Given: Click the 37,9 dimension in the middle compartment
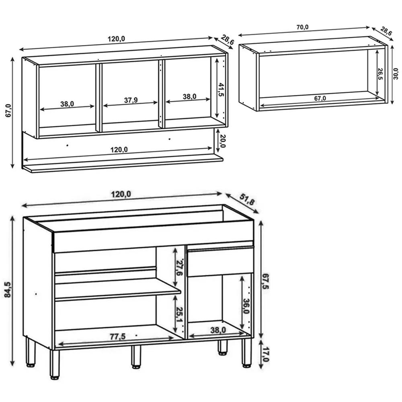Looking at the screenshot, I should click(130, 100).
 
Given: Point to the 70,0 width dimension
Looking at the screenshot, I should click(303, 27).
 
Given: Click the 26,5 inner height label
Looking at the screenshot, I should click(380, 75).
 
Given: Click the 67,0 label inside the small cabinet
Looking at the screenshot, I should click(320, 98).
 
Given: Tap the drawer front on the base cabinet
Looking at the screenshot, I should click(220, 262).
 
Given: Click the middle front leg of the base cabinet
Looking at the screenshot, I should click(136, 357).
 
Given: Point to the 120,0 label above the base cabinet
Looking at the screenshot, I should click(121, 194).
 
